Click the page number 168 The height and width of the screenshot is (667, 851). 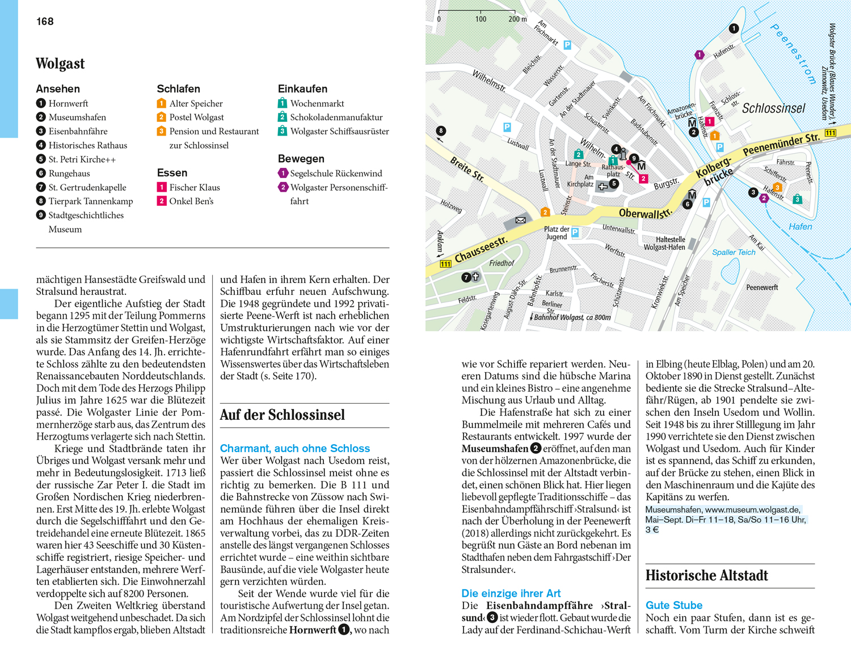pyautogui.click(x=45, y=22)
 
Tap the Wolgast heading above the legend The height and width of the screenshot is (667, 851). pyautogui.click(x=60, y=64)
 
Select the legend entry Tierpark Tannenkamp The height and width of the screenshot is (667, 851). pyautogui.click(x=90, y=201)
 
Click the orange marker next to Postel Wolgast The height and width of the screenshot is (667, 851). pyautogui.click(x=162, y=117)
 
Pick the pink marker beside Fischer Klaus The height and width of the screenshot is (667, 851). pyautogui.click(x=162, y=187)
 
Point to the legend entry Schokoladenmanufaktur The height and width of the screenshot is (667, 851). pyautogui.click(x=336, y=117)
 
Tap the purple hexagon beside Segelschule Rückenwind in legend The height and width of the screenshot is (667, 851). pyautogui.click(x=283, y=174)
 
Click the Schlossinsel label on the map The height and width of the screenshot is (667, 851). pyautogui.click(x=773, y=108)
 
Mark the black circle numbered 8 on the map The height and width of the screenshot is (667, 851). pyautogui.click(x=441, y=131)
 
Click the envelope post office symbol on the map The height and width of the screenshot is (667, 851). pyautogui.click(x=520, y=220)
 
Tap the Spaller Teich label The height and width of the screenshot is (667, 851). pyautogui.click(x=734, y=252)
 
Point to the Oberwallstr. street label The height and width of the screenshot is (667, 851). pyautogui.click(x=645, y=213)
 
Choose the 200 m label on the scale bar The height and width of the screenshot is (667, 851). pyautogui.click(x=517, y=19)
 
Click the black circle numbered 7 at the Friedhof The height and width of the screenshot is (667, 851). pyautogui.click(x=466, y=277)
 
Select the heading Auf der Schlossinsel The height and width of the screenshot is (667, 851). pyautogui.click(x=282, y=415)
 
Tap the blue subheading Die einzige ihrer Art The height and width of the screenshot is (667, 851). pyautogui.click(x=511, y=593)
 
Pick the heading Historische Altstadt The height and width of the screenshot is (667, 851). pyautogui.click(x=706, y=576)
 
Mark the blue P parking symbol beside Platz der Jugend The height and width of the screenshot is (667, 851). pyautogui.click(x=575, y=232)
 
